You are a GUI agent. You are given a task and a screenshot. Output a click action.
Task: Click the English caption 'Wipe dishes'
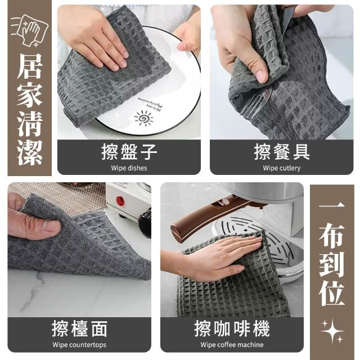[x=129, y=168]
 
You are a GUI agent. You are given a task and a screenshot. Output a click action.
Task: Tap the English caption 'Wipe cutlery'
[x=282, y=168]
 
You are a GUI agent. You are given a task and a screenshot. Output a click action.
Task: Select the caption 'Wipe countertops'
[x=79, y=345]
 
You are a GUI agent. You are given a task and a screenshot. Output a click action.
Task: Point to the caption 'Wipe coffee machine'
[x=232, y=345]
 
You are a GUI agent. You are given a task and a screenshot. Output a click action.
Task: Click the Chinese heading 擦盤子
[x=129, y=152]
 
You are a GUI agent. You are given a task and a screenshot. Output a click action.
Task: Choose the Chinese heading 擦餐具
[x=282, y=152]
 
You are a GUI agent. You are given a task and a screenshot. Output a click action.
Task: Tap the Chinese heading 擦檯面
[x=79, y=328]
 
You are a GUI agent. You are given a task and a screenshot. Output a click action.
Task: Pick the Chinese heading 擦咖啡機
[x=232, y=328]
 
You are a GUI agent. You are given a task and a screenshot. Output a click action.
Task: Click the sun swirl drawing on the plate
[x=144, y=118]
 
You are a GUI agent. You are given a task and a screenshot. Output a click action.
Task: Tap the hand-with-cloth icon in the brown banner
[x=30, y=30]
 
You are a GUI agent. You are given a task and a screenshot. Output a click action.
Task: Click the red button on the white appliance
[x=120, y=201]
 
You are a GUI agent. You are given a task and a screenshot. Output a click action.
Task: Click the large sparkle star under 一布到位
[x=332, y=330]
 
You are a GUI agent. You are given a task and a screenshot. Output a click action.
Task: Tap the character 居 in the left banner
[x=30, y=66]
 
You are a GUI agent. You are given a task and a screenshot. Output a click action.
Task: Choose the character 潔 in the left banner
[x=30, y=152]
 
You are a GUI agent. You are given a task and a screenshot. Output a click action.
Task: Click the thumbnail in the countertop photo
[x=52, y=226]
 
